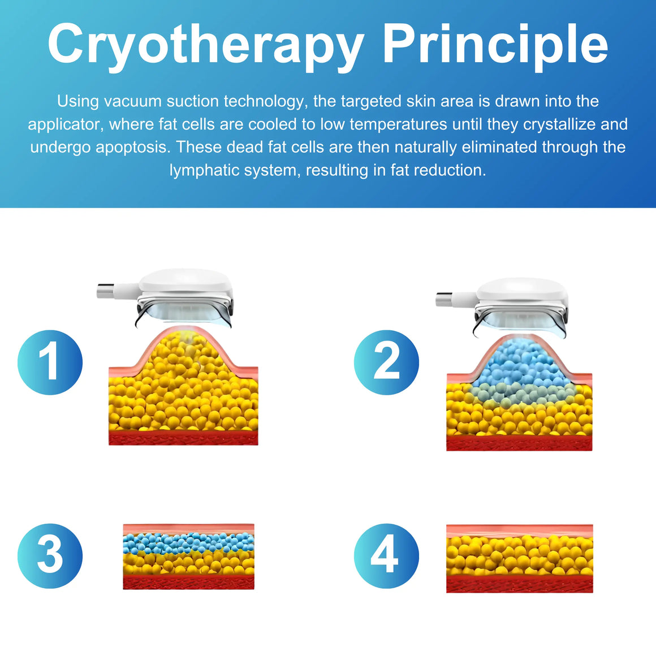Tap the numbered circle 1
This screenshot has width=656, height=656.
click(x=50, y=362)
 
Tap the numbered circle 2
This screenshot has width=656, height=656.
click(x=386, y=362)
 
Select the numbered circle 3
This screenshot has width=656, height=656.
click(x=50, y=555)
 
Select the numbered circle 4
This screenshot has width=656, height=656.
click(x=386, y=555)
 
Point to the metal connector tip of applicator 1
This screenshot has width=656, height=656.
click(x=105, y=291)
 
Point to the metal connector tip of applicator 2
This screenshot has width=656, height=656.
click(x=443, y=300)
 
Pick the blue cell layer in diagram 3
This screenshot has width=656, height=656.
click(x=188, y=543)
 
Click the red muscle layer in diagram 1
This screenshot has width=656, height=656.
click(x=183, y=438)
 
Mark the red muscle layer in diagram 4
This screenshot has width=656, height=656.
click(x=520, y=584)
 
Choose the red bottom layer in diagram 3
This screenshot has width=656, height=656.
click(x=188, y=581)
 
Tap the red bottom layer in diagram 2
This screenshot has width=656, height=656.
click(x=519, y=443)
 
